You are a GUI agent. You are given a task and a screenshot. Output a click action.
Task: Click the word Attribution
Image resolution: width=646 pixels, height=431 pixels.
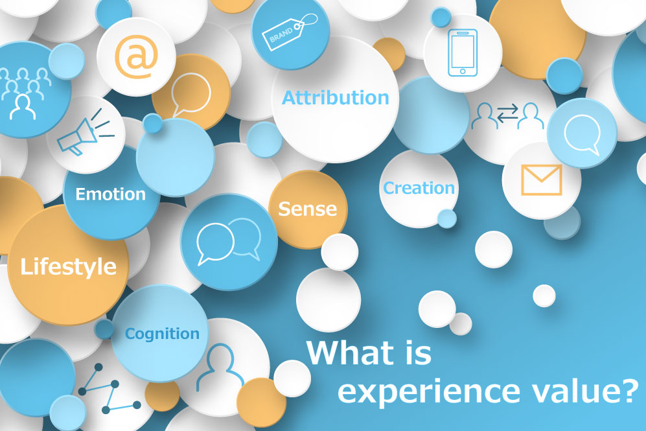click(x=336, y=98)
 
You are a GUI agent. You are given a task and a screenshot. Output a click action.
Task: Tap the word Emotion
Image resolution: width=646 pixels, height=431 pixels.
click(x=110, y=194)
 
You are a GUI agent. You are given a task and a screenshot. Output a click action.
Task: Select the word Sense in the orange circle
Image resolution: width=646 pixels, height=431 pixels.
click(x=308, y=209)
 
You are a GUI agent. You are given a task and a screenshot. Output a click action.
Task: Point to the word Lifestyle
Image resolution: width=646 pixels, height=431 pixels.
click(x=69, y=266)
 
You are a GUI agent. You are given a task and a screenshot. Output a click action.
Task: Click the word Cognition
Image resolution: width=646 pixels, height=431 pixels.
click(x=162, y=334)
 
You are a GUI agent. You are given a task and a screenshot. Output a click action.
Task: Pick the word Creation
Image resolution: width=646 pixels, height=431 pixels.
click(x=419, y=188)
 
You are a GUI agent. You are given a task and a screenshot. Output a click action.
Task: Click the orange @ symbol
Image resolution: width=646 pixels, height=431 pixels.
click(x=136, y=57)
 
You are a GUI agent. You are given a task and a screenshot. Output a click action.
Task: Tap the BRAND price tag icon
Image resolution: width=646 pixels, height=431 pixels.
click(x=290, y=32)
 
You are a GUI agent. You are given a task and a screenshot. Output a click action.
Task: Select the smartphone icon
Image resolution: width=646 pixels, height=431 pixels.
click(x=463, y=52)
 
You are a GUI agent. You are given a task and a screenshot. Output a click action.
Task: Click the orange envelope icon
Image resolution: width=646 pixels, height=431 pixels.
click(x=541, y=180)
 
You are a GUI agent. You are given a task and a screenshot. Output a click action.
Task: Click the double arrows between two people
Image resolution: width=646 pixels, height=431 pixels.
click(x=507, y=113)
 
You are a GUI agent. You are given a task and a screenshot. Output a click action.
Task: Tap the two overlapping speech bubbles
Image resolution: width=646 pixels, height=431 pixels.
click(x=229, y=241)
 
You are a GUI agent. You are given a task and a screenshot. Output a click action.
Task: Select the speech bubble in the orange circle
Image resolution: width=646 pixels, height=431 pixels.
click(x=190, y=94)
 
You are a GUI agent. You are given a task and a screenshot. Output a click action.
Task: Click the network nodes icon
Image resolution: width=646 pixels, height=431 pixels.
click(x=109, y=388)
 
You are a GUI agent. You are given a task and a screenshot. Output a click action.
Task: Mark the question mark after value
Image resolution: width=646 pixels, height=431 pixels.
click(x=629, y=391)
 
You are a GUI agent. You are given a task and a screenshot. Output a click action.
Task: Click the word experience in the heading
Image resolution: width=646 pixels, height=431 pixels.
click(x=429, y=392)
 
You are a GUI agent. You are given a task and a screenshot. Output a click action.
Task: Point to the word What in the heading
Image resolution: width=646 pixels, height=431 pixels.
click(x=351, y=353)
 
